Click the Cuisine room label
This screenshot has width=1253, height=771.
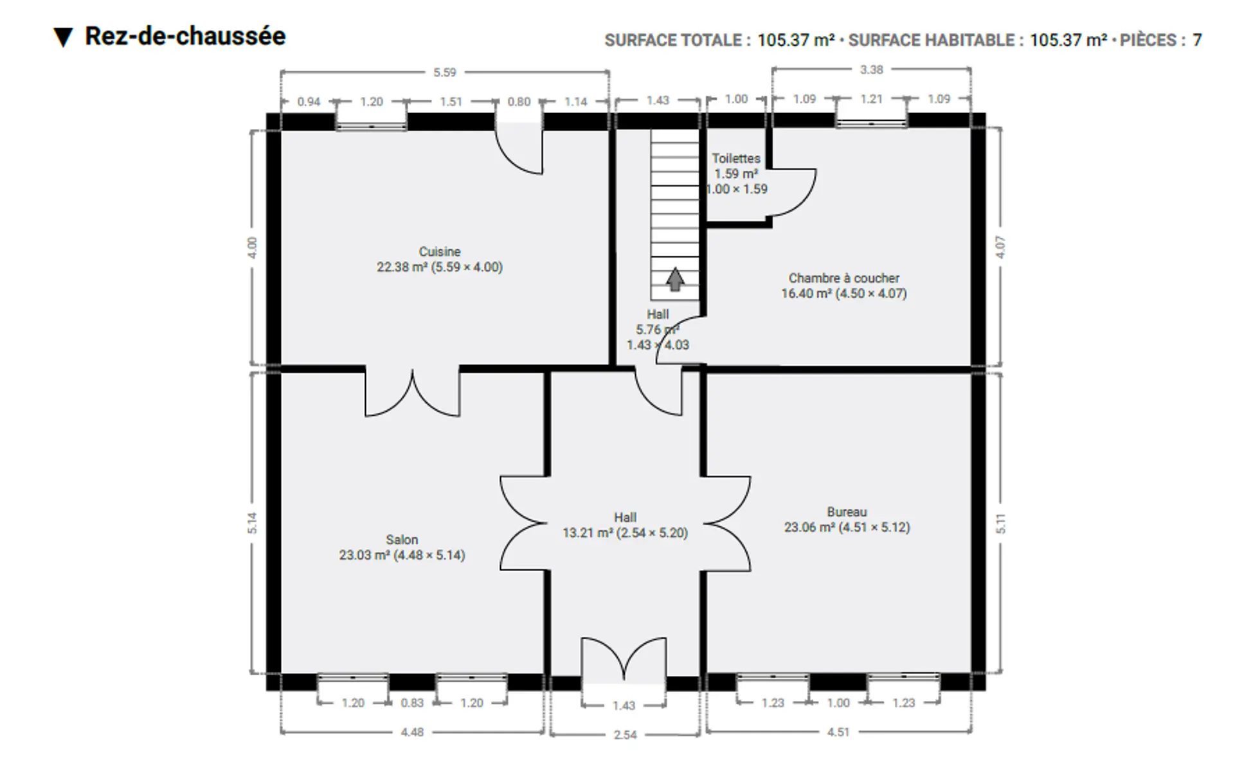point(440,252)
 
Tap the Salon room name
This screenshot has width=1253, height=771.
point(402,540)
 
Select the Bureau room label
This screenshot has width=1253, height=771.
point(847,512)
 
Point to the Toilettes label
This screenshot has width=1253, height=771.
point(736,158)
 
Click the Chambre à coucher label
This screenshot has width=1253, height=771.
point(844,278)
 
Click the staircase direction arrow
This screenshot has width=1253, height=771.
point(674,279)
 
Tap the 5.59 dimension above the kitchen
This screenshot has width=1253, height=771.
point(445,73)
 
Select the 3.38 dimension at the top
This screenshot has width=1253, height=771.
point(872,69)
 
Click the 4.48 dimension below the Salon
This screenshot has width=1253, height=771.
point(412,732)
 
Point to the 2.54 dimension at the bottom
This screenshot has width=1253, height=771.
point(625,734)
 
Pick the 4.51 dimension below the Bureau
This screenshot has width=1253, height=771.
point(838,732)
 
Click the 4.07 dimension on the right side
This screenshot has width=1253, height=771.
point(1000,247)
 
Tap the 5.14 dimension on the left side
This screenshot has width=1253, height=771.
point(252,523)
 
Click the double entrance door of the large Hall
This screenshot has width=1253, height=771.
point(624,659)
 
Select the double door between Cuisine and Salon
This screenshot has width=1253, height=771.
point(412,393)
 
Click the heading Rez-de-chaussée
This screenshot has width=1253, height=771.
point(185,36)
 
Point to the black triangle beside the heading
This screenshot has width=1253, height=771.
point(63,37)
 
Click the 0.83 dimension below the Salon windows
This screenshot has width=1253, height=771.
point(412,703)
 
